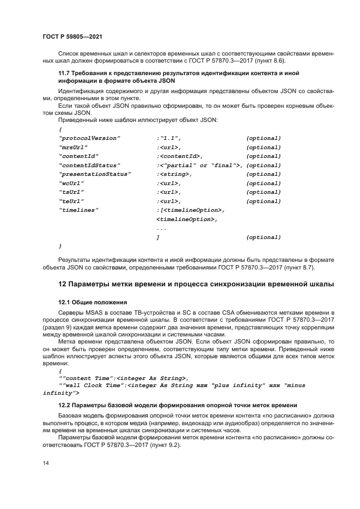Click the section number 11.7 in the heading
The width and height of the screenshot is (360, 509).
[x=64, y=73]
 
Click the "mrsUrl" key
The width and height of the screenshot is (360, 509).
[x=74, y=147]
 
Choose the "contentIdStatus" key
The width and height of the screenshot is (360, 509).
[x=89, y=165]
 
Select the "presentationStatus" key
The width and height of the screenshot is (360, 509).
[x=95, y=174]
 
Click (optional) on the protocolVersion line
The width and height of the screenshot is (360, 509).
[x=264, y=138]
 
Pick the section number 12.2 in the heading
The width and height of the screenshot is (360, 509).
[x=64, y=406]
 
